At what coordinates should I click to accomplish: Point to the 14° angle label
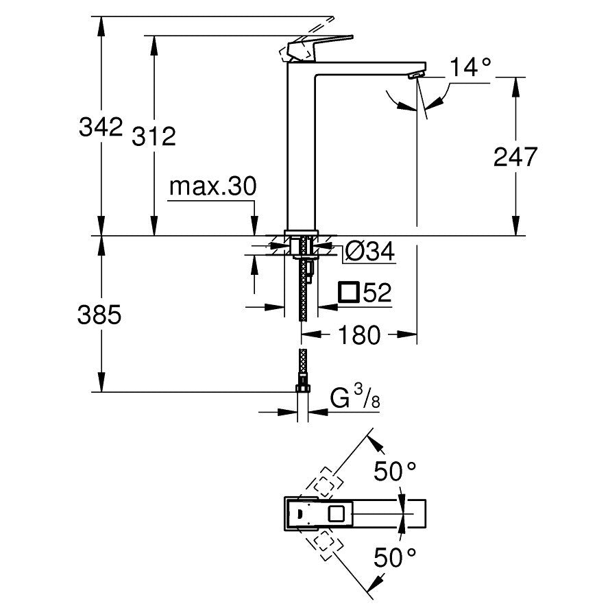point(471,67)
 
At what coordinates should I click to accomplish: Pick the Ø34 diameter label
point(369,253)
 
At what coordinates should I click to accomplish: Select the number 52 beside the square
point(376,293)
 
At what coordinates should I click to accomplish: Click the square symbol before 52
point(348,293)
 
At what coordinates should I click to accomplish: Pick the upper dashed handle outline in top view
point(327,481)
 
